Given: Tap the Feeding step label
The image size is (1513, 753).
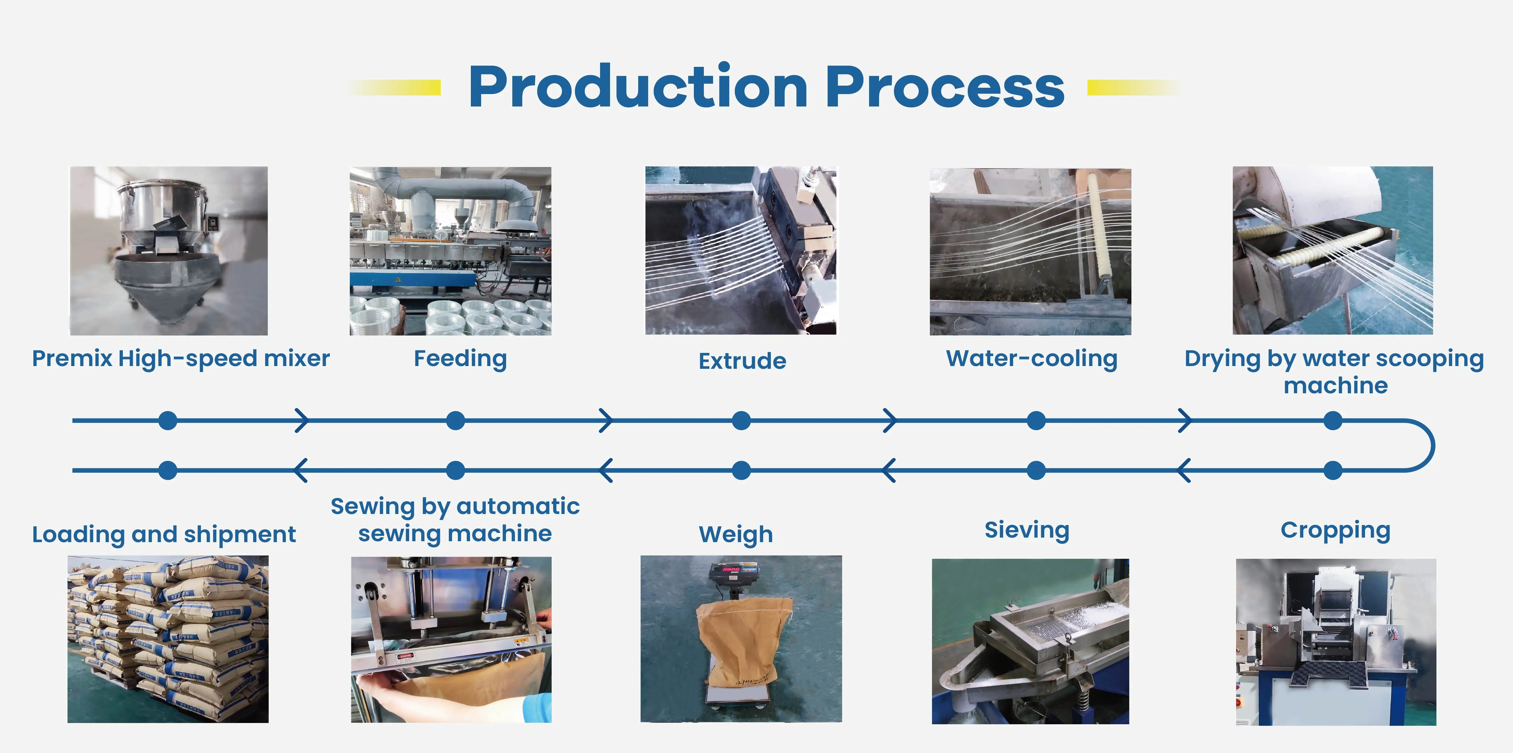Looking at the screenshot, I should click(x=460, y=358).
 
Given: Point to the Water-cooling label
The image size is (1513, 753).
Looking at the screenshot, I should click(x=1031, y=358).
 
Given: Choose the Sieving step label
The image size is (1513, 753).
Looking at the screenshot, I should click(x=1027, y=530).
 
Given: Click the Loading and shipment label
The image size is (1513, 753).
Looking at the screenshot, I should click(x=164, y=535).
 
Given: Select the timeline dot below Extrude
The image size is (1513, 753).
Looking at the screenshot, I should click(x=741, y=421).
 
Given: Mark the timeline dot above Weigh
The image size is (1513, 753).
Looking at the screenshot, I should click(x=741, y=470).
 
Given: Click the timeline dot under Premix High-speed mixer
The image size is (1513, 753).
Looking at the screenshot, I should click(x=168, y=421).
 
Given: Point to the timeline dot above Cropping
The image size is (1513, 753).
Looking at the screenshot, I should click(x=1333, y=470).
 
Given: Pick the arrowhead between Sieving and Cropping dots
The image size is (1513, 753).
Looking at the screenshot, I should click(x=1184, y=470).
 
